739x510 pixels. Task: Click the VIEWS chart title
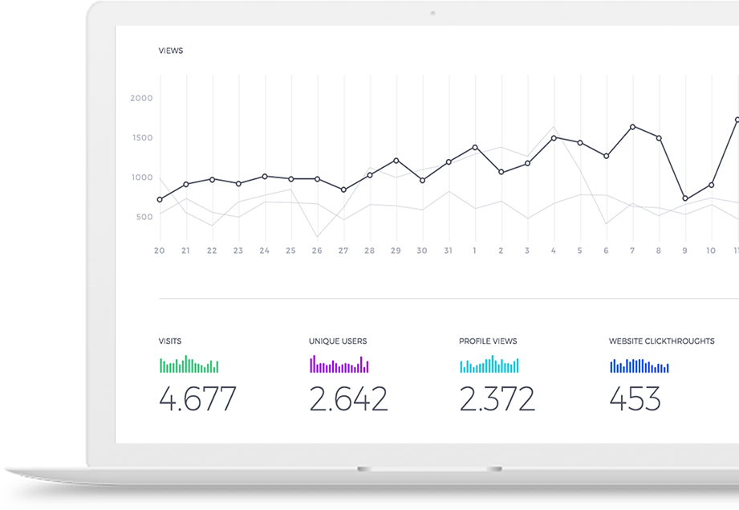point(171,51)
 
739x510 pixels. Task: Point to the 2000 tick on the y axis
point(141,98)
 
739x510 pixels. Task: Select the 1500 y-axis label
point(141,137)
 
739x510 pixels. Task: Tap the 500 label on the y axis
point(144,217)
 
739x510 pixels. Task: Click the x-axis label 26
point(317,251)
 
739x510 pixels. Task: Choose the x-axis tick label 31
point(448,251)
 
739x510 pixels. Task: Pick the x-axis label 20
point(160,251)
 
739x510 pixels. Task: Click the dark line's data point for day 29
point(396,161)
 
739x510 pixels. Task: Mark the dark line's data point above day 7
point(632,127)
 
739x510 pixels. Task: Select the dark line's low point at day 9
point(685,198)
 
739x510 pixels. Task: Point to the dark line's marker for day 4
point(554,138)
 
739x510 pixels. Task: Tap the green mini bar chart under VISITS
point(189,365)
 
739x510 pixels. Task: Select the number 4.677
point(197,398)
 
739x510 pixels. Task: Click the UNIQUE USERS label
point(338,341)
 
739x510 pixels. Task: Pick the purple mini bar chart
point(339,365)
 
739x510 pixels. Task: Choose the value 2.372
point(497,398)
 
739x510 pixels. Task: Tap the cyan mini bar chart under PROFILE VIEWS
point(489,365)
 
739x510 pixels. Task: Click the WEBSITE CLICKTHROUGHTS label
point(661,341)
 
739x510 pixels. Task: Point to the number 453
point(635,398)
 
